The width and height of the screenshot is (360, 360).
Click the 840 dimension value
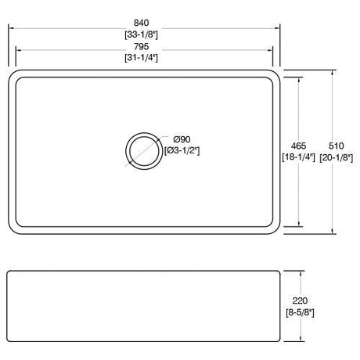pos(142,23)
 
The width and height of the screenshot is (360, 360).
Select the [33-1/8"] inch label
pos(142,34)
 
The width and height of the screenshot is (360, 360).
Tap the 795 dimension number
pos(142,46)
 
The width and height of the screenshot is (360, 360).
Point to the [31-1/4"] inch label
pos(142,57)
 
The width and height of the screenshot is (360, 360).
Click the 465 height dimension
pos(299,146)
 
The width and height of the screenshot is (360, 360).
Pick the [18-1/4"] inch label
pos(299,157)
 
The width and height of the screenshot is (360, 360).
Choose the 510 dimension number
pos(337,146)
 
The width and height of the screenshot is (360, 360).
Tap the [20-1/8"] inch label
pos(337,157)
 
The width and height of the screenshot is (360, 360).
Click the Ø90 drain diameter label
pos(182,139)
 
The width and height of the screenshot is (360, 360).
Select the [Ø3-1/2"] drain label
pos(182,151)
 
